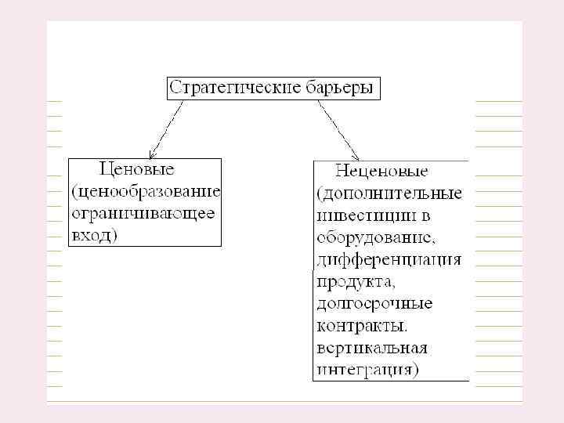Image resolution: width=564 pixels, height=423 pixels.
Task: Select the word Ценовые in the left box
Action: [136, 168]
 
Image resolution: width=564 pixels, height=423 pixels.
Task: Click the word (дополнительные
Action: [390, 192]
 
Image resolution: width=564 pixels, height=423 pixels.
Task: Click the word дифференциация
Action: [389, 258]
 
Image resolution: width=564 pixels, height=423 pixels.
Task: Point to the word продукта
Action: [351, 280]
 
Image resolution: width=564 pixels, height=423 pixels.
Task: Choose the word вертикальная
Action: [372, 347]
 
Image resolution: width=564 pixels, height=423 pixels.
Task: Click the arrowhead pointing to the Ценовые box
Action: [152, 154]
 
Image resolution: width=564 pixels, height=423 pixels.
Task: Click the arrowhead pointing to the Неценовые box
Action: [355, 156]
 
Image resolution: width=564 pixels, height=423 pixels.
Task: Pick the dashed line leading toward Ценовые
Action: [168, 125]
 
